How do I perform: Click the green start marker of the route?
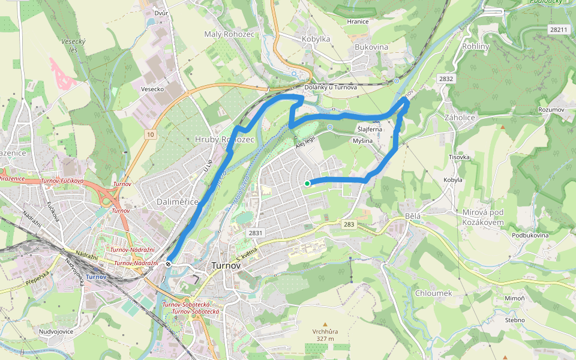pyautogui.click(x=307, y=184)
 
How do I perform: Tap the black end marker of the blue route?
pyautogui.click(x=170, y=263)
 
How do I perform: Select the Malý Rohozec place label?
pyautogui.click(x=229, y=34)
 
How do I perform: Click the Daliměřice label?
pyautogui.click(x=177, y=202)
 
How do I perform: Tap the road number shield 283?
pyautogui.click(x=350, y=224)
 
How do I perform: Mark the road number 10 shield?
pyautogui.click(x=149, y=134)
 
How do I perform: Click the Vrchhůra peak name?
pyautogui.click(x=325, y=331)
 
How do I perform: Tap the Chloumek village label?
pyautogui.click(x=433, y=293)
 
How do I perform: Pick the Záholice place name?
pyautogui.click(x=460, y=118)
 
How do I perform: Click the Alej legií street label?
pyautogui.click(x=305, y=142)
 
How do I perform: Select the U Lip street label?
pyautogui.click(x=209, y=163)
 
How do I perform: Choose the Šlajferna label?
pyautogui.click(x=370, y=130)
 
